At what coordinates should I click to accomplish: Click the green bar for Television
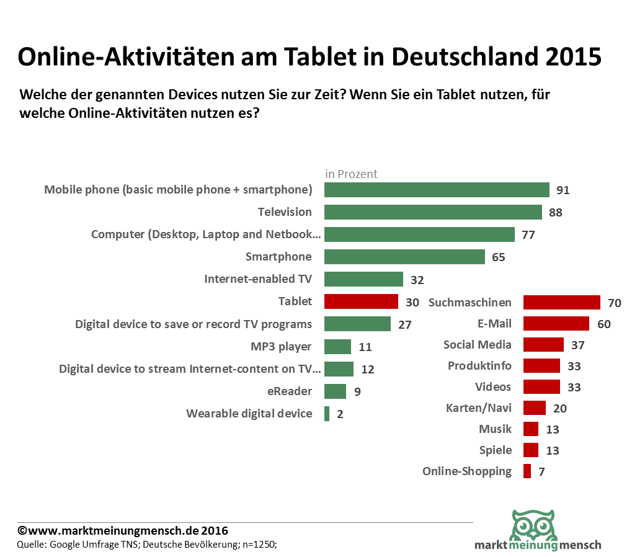(x=433, y=212)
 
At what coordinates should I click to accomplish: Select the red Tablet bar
(x=361, y=302)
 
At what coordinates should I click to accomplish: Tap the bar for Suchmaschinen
(x=561, y=303)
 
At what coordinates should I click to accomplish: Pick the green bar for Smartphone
(x=404, y=257)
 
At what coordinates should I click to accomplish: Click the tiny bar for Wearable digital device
(x=327, y=414)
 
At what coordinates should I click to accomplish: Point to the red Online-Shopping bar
(x=527, y=471)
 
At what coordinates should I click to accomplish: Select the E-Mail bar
(x=556, y=324)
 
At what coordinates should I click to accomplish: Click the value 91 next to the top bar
(x=563, y=190)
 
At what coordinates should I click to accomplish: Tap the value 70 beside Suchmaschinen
(x=614, y=303)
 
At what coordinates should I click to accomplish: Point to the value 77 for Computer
(x=528, y=235)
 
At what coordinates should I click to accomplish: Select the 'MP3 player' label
(x=281, y=347)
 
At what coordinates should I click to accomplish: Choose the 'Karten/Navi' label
(x=478, y=408)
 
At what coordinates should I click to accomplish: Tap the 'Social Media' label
(x=477, y=345)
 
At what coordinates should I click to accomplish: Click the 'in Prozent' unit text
(x=351, y=174)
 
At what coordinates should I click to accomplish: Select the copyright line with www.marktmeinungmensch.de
(x=123, y=531)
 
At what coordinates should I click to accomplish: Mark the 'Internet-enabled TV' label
(x=258, y=279)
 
